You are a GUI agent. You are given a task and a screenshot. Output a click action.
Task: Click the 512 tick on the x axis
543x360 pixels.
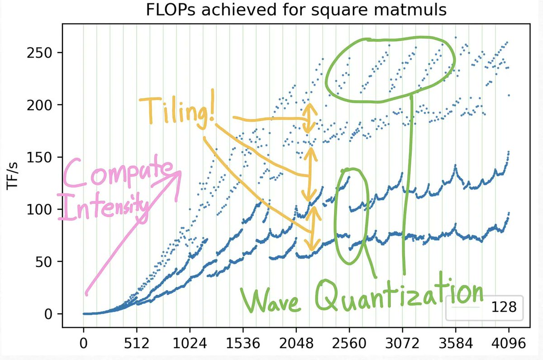click(136, 344)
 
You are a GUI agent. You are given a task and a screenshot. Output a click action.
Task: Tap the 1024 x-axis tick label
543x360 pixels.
click(190, 344)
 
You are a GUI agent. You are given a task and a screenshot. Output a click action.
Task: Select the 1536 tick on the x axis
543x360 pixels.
click(243, 344)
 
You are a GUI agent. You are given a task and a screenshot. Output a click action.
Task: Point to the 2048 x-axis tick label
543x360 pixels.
click(296, 344)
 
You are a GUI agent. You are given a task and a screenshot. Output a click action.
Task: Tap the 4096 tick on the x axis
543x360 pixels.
click(508, 344)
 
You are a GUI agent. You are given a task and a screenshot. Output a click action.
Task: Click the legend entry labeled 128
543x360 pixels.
click(484, 307)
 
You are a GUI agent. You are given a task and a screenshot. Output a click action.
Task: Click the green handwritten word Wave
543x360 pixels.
click(271, 299)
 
